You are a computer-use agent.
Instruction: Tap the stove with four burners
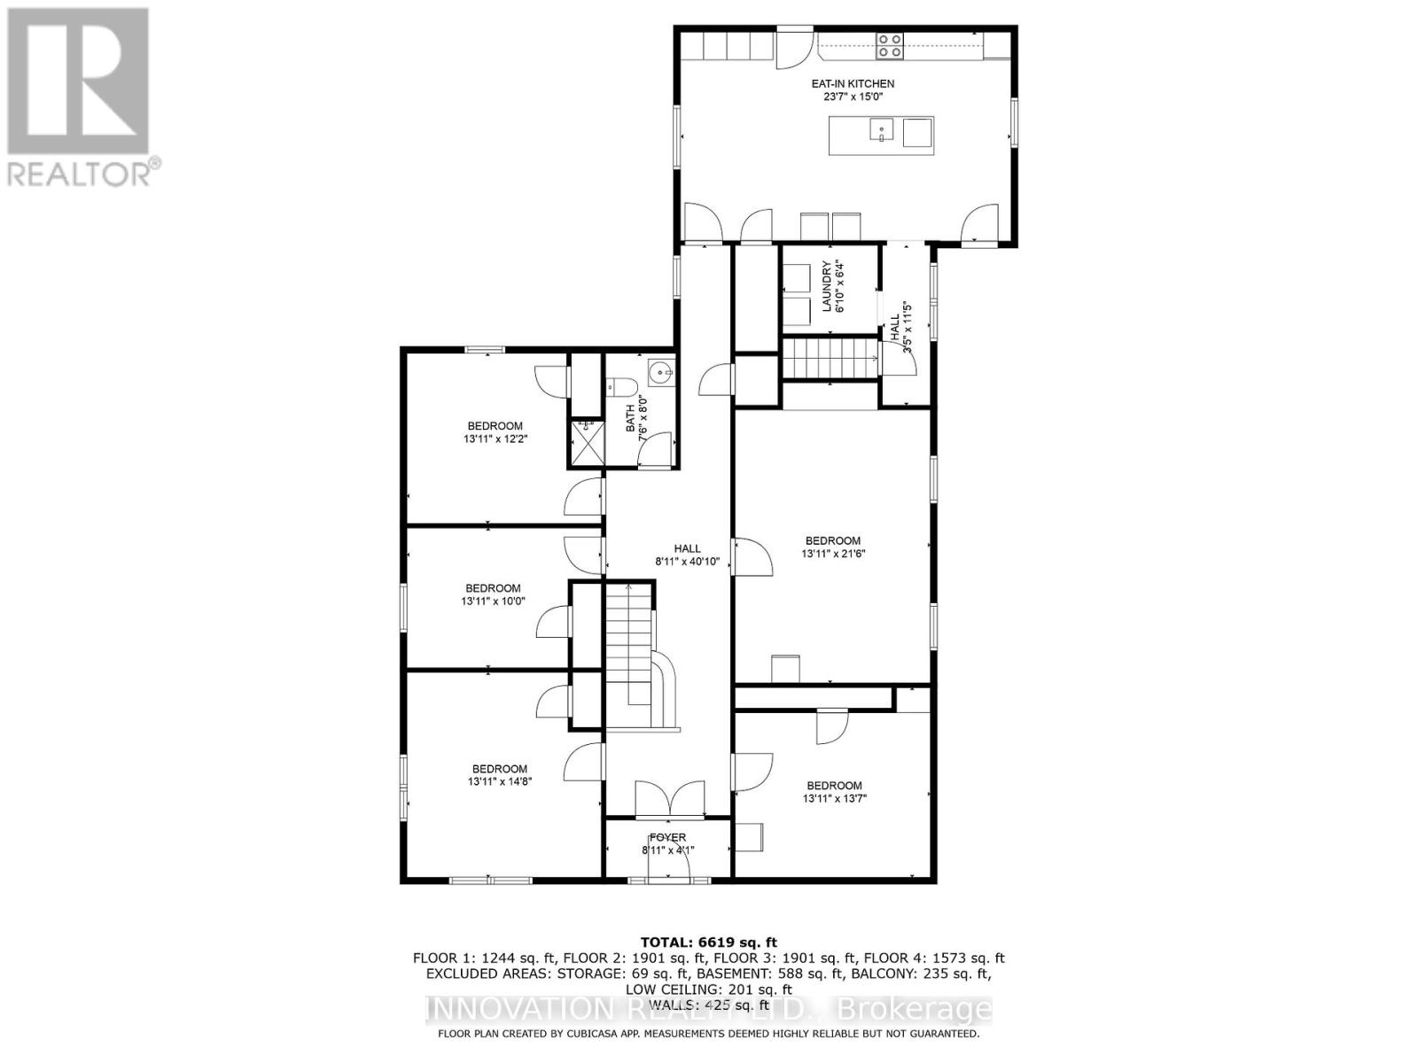pos(890,45)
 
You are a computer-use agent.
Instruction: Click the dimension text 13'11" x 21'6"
pos(832,554)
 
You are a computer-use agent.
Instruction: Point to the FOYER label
pos(667,837)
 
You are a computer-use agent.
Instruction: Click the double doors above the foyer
pos(669,799)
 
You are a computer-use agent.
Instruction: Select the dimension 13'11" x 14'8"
pos(499,781)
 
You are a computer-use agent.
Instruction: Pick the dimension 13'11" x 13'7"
pos(834,798)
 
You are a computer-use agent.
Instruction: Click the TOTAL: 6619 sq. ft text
pos(708,942)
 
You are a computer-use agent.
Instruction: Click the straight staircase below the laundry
pos(829,359)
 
